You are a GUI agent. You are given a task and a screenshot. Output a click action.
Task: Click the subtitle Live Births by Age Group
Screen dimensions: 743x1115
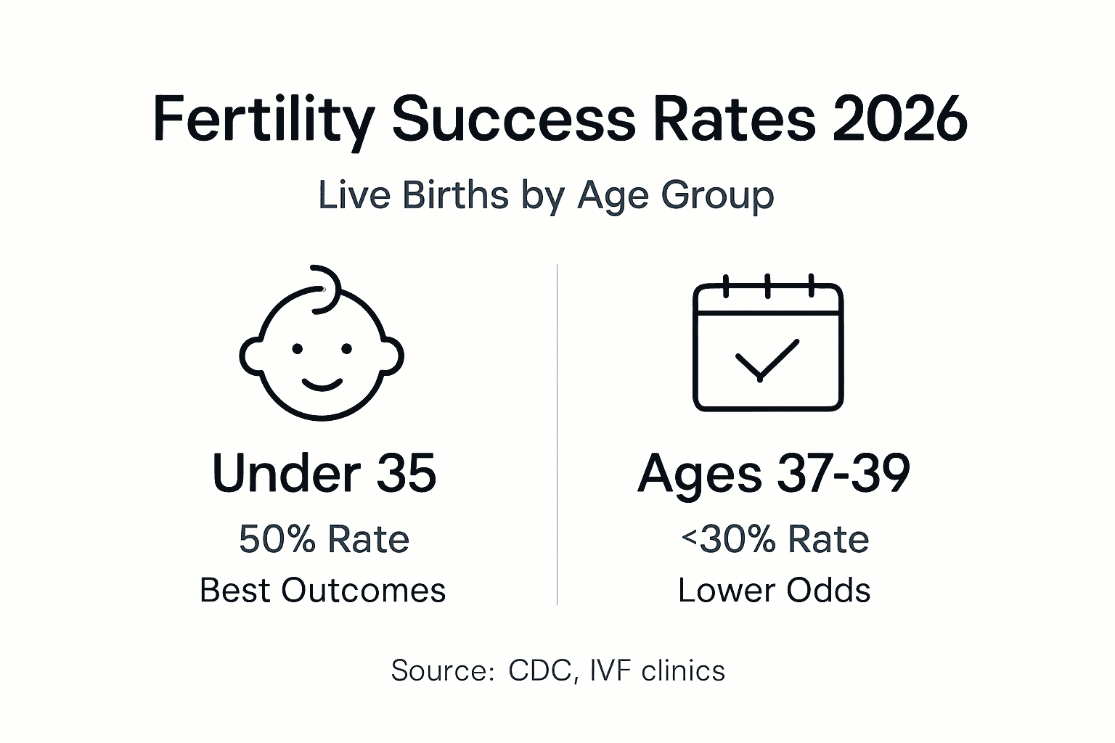point(546,196)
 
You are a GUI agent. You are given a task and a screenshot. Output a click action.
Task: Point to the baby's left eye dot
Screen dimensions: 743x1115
point(297,349)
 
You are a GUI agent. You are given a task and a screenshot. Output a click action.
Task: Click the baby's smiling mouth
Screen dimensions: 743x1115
point(322,382)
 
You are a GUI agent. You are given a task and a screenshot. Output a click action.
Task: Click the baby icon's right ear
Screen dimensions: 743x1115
point(391,356)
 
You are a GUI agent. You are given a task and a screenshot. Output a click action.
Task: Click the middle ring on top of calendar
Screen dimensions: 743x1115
point(767,286)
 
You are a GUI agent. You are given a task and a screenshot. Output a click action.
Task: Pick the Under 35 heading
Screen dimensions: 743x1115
point(324,473)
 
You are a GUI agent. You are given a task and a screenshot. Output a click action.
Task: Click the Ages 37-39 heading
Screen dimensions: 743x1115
point(774,473)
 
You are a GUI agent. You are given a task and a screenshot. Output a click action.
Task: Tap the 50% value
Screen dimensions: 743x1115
point(277,540)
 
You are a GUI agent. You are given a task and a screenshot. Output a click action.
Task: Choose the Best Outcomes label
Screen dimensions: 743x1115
point(322,591)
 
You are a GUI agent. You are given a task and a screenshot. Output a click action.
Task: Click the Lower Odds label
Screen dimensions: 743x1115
point(774,591)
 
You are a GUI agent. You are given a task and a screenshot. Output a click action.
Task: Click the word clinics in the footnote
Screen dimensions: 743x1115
point(683,670)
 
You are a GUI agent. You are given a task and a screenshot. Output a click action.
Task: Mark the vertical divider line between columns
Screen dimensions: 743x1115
point(557,435)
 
